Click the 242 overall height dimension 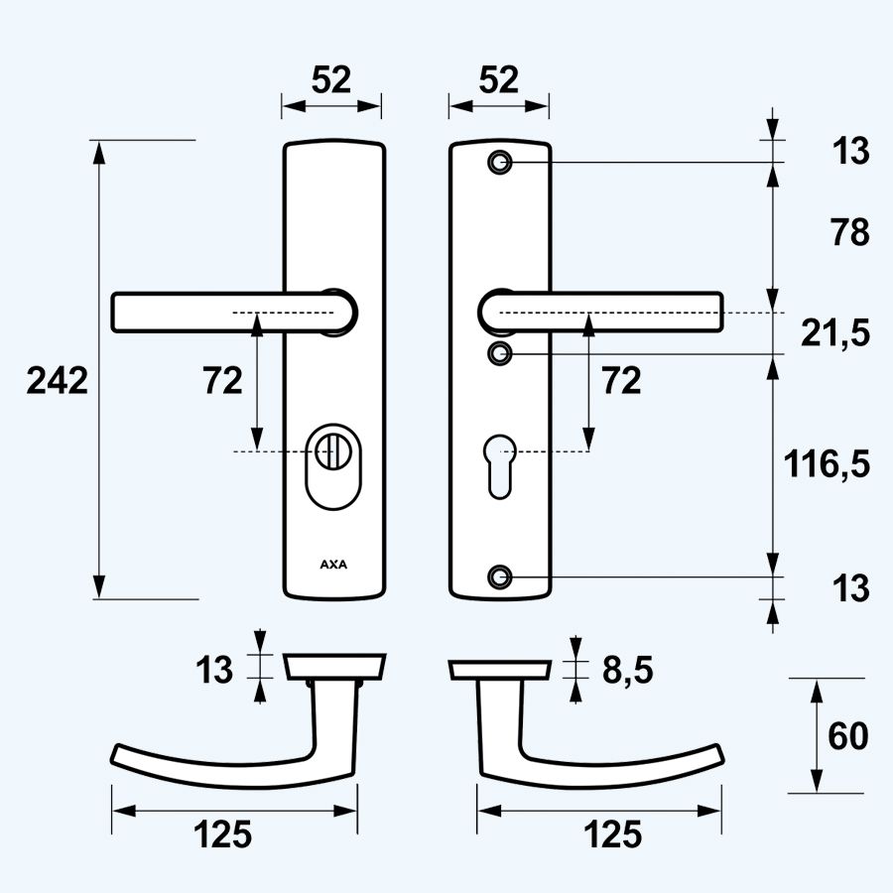click(58, 380)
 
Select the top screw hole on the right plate click(501, 161)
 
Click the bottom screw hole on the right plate click(501, 575)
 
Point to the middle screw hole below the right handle click(501, 352)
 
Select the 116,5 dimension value click(826, 463)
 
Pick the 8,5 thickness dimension click(627, 671)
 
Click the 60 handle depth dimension click(849, 736)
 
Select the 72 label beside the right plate click(621, 380)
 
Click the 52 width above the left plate click(330, 80)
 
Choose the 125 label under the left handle click(222, 835)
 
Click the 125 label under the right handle click(612, 835)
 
